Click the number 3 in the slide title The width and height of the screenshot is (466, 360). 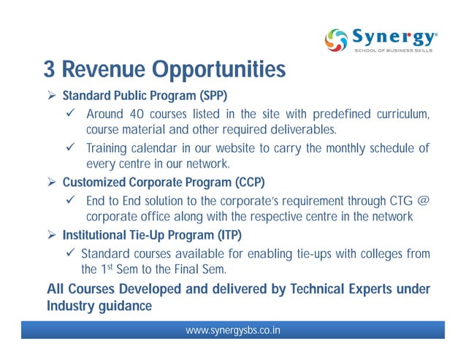[49, 70]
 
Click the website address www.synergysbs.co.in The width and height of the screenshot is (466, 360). [233, 331]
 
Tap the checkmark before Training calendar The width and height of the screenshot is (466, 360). [71, 148]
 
